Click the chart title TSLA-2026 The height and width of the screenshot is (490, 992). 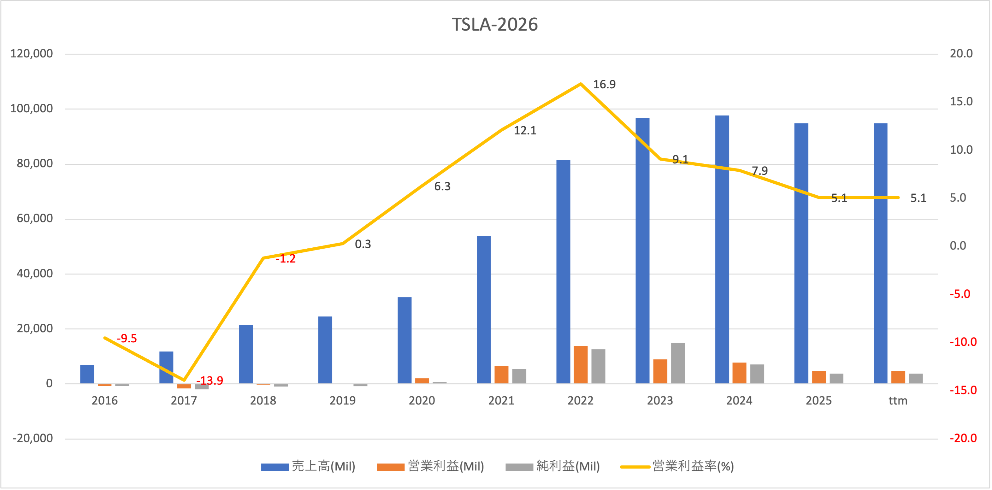(x=494, y=25)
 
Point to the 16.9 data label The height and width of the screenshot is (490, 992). (x=604, y=84)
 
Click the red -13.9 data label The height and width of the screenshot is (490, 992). (x=210, y=381)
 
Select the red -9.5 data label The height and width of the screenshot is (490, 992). (x=127, y=338)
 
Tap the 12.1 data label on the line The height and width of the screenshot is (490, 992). (x=525, y=131)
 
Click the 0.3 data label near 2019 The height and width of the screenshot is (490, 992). (x=363, y=244)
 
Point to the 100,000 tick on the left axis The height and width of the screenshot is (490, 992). (x=32, y=109)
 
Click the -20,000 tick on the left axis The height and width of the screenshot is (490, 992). (x=33, y=438)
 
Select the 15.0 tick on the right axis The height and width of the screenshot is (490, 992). (x=961, y=102)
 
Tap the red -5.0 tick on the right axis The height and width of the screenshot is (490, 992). (x=960, y=294)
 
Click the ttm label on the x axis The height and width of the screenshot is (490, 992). (x=898, y=401)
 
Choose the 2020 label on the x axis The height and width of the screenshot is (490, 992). (x=422, y=401)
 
